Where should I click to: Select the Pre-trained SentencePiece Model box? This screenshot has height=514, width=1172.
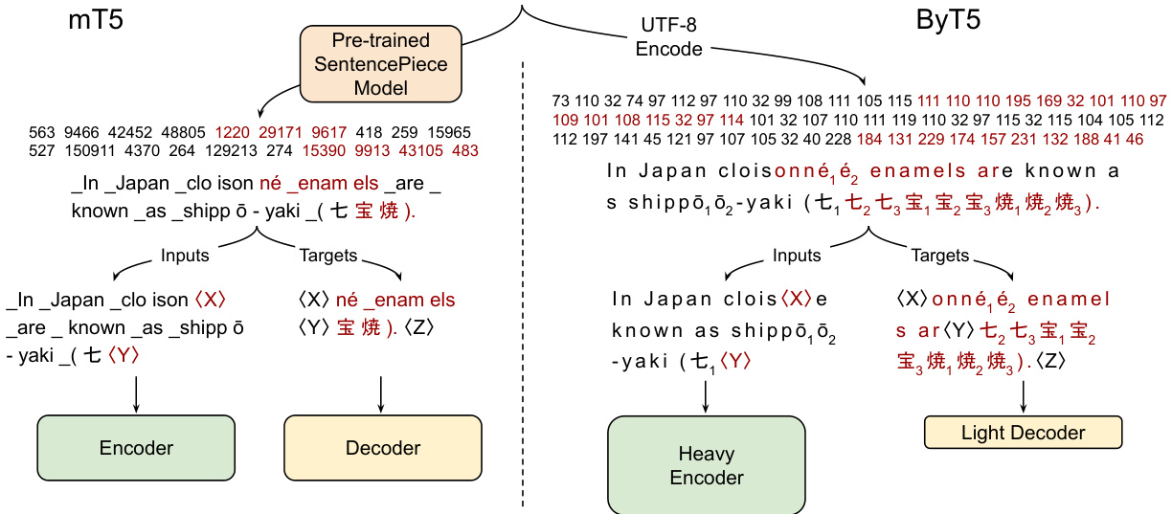coord(380,64)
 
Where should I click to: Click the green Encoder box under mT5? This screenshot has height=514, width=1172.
coord(136,448)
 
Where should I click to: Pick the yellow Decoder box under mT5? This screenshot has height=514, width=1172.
coord(383,448)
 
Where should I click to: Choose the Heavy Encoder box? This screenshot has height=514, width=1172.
coord(707,465)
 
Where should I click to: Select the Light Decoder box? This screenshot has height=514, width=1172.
coord(1023,433)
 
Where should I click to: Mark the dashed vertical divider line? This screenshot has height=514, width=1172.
coord(524,287)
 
